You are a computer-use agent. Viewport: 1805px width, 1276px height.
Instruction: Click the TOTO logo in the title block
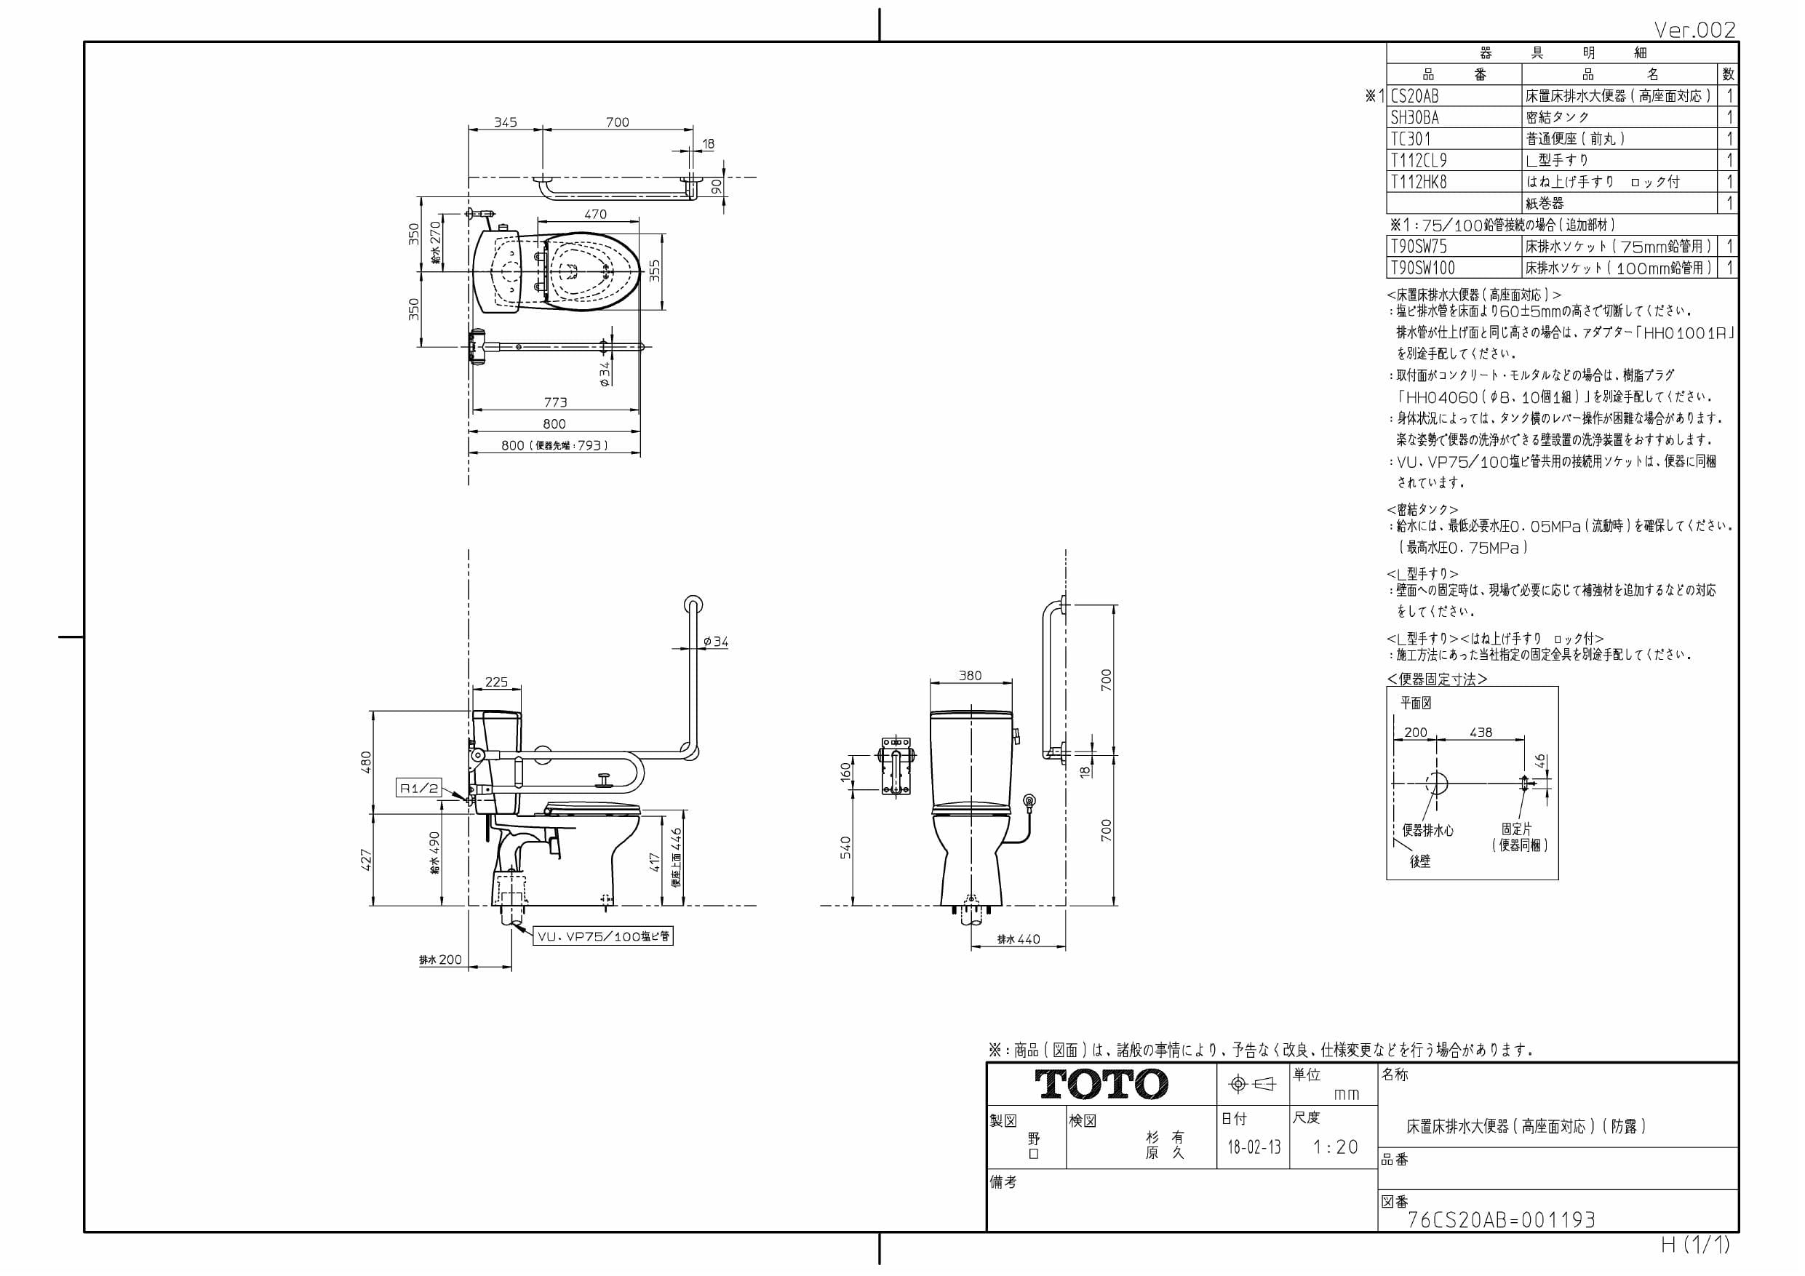tap(1101, 1084)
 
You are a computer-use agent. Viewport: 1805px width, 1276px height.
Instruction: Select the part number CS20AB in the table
tap(1414, 96)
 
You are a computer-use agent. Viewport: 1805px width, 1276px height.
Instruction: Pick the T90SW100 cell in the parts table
tap(1422, 268)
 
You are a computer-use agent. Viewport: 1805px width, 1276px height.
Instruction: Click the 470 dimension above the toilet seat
tap(595, 214)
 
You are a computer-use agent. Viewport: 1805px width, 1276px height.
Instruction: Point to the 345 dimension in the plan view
tap(505, 122)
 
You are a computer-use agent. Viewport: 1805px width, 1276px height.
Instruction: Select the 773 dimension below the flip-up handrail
tap(555, 402)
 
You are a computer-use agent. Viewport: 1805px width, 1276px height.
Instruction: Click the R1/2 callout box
tap(419, 788)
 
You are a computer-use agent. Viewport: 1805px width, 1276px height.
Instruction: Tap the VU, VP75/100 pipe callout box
tap(604, 936)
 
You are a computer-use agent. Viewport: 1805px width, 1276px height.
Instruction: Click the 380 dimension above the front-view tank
tap(970, 675)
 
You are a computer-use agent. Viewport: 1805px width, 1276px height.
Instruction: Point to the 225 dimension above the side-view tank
tap(496, 682)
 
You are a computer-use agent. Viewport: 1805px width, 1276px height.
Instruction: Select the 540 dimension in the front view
tap(845, 847)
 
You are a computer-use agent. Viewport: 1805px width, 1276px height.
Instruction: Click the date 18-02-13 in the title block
tap(1254, 1147)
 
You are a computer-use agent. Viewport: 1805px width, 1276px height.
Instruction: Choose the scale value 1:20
tap(1336, 1147)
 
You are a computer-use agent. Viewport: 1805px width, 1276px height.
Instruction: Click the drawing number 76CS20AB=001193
tap(1501, 1219)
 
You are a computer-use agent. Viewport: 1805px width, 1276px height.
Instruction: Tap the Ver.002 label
tap(1694, 30)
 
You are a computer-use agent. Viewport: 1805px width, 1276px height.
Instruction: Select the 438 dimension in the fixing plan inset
tap(1481, 732)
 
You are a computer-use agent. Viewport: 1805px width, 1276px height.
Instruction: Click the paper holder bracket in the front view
tap(896, 766)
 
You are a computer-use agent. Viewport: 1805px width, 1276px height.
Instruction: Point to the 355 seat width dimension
tap(655, 271)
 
